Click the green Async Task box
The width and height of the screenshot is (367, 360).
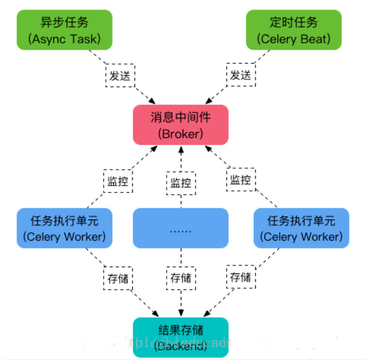coord(65,30)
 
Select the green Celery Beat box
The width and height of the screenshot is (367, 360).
coord(294,30)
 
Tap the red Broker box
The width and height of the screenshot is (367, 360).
coord(181,124)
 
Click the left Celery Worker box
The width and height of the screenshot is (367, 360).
coord(64,228)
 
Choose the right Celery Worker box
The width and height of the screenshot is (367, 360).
coord(301,228)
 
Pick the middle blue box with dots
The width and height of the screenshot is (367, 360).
coord(181,228)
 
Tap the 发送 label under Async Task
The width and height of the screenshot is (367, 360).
coord(120,76)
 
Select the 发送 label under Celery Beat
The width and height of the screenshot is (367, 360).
coord(240,76)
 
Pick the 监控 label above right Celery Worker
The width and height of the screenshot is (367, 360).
coord(241,180)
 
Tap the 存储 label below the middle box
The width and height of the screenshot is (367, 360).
coord(180,278)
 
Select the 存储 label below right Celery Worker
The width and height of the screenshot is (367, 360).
coord(241,277)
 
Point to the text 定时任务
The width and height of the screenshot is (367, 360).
coord(294,22)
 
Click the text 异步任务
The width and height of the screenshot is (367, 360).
coord(65,22)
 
